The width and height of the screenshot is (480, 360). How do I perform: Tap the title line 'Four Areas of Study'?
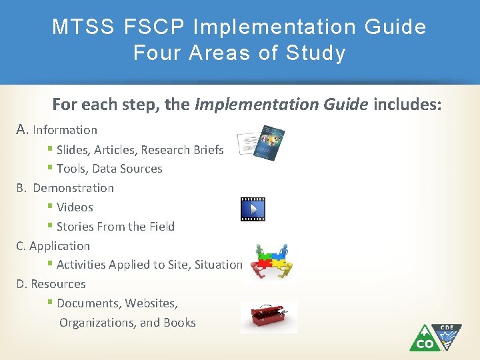coord(239,53)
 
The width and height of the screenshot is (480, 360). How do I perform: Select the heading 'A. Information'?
coord(57,130)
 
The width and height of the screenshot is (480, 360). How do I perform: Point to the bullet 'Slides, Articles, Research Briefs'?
coord(140,149)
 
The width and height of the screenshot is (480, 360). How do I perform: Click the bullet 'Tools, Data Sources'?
coord(109,169)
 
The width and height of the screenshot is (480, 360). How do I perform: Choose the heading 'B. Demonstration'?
coord(65,188)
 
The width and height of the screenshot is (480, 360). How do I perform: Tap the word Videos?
coord(75,207)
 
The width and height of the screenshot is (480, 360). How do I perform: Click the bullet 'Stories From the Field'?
coord(115,227)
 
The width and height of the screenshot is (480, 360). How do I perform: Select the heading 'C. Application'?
coord(53,246)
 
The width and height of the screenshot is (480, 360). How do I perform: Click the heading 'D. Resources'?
coord(51,284)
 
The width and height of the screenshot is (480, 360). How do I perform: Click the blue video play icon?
coord(253,209)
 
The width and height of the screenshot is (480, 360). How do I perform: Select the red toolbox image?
coord(269,317)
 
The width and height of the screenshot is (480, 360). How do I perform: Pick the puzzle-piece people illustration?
coord(270,262)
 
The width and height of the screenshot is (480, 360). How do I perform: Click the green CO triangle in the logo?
coord(425,339)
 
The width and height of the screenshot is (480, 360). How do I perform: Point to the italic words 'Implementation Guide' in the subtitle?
coord(282,104)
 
